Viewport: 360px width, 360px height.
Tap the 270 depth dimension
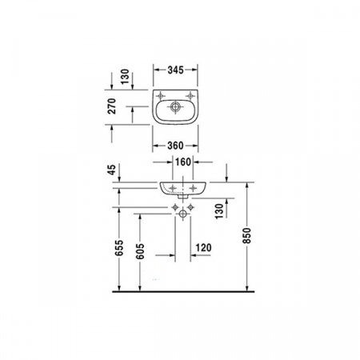coord(113,106)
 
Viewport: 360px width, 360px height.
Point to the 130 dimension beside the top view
coord(113,77)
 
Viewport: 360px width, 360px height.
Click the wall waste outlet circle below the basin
coord(184,214)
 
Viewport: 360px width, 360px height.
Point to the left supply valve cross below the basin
coord(176,207)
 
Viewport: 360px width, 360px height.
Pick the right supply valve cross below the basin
coord(192,207)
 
